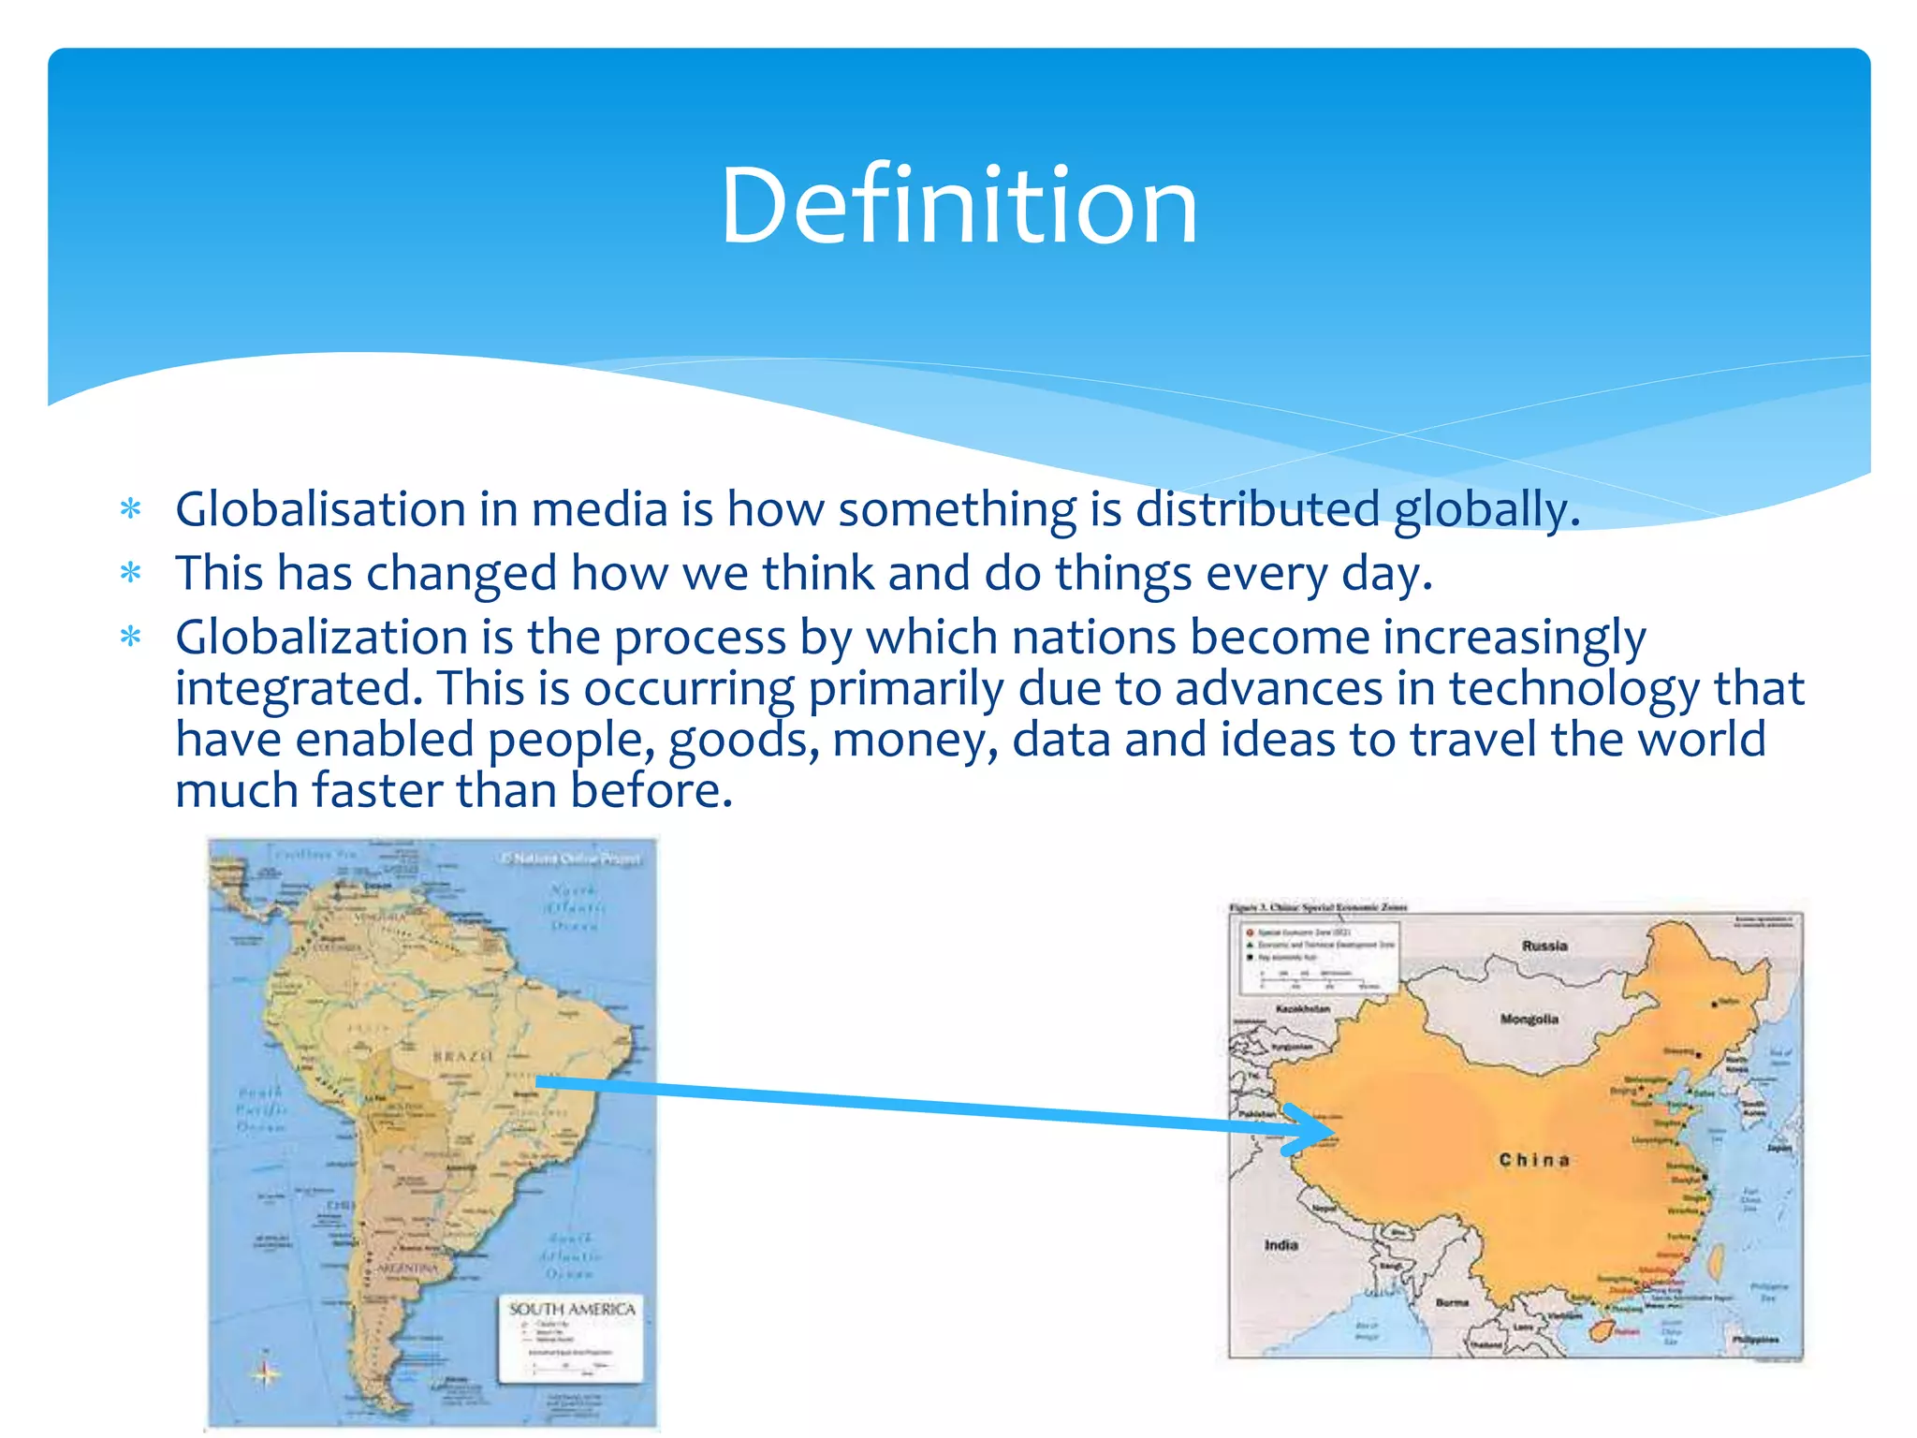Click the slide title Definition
(958, 206)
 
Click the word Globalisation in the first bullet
(320, 511)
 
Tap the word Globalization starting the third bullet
(320, 638)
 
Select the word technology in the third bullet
(1573, 690)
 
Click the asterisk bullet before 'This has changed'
(131, 574)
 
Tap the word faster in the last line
(376, 791)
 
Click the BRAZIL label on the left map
(461, 1056)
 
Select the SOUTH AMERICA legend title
(572, 1309)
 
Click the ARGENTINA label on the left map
(407, 1269)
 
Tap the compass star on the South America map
(266, 1373)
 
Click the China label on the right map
(1533, 1160)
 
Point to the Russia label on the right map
(1544, 946)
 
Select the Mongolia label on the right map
(1529, 1019)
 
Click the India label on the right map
(1280, 1245)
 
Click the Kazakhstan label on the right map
(1302, 1009)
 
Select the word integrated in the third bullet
(292, 690)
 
